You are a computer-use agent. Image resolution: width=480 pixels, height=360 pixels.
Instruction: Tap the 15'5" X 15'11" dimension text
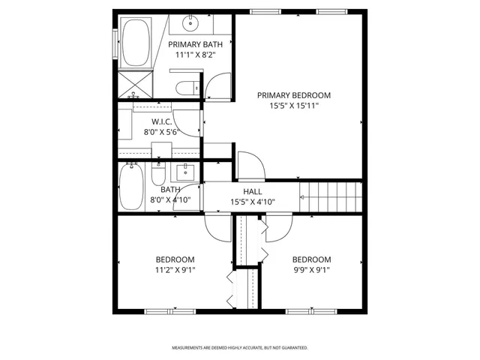294,106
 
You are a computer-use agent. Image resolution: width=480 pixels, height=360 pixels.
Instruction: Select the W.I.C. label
163,121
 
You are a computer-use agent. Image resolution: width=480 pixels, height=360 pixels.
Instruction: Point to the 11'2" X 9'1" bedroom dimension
175,271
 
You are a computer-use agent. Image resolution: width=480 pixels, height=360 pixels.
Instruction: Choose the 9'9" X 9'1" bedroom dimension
311,271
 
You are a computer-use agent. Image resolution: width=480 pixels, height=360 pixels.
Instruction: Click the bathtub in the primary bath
136,42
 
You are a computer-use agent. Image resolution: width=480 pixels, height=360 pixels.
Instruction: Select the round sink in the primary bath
192,23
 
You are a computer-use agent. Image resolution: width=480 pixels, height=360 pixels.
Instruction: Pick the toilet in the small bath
158,175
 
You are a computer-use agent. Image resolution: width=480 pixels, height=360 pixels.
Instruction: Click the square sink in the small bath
187,172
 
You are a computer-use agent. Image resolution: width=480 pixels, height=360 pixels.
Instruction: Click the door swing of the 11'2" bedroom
218,227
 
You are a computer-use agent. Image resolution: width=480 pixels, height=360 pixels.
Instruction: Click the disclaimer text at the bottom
240,348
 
